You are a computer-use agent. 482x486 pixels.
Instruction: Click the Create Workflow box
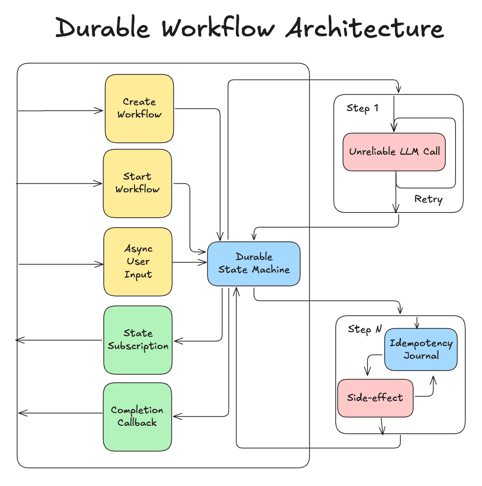tap(139, 108)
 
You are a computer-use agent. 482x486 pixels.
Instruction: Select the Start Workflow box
tap(138, 183)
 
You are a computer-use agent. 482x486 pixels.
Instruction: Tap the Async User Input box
tap(138, 261)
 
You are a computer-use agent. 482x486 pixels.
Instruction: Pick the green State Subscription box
tap(138, 340)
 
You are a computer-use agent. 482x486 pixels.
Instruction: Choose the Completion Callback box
tap(138, 417)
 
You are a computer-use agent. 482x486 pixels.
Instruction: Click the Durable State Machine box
tap(253, 263)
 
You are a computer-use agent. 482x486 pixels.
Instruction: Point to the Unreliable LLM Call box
tap(394, 152)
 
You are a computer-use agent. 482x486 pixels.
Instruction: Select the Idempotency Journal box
tap(421, 349)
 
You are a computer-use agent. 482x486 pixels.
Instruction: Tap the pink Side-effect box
tap(375, 397)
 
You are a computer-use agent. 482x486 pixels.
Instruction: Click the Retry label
tap(428, 199)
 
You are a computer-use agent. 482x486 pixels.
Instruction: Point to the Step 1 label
tap(362, 108)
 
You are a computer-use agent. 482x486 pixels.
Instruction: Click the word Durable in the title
tap(103, 28)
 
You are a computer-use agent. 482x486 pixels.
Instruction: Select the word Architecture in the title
tap(365, 28)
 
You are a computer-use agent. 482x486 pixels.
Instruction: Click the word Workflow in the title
tap(218, 28)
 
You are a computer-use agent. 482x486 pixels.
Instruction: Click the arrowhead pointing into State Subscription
tap(177, 341)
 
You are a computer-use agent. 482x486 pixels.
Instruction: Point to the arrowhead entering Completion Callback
tap(176, 417)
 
